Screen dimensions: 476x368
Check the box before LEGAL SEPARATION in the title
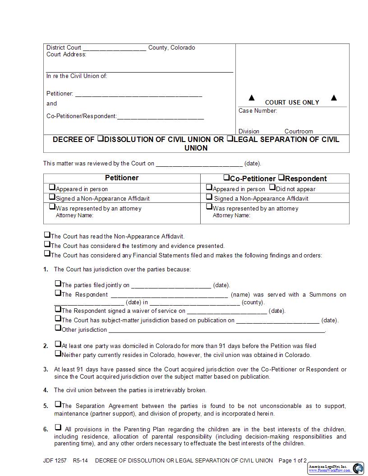[230, 139]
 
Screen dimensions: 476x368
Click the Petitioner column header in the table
[122, 178]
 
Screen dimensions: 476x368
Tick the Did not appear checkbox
[272, 188]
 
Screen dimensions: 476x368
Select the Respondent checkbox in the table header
[281, 178]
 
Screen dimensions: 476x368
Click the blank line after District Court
[115, 48]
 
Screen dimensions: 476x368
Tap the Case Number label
[258, 111]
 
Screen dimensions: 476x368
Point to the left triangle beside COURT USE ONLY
[252, 98]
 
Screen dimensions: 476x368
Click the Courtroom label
[299, 132]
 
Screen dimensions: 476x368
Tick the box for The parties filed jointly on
[58, 284]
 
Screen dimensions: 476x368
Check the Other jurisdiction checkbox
[58, 328]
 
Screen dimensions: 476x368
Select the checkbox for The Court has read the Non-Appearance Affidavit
[47, 235]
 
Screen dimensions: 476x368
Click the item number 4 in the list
[46, 390]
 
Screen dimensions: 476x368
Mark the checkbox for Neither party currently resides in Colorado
[58, 354]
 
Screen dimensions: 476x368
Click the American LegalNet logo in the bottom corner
[336, 468]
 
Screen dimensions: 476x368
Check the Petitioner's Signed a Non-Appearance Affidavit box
[52, 197]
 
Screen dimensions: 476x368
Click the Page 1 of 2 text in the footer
[293, 461]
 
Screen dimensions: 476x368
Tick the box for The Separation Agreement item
[58, 404]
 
